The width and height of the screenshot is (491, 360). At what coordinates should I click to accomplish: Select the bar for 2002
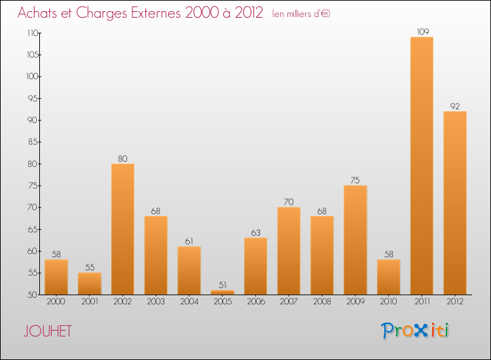(x=123, y=229)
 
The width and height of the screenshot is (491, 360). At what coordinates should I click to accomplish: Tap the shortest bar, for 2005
(x=223, y=293)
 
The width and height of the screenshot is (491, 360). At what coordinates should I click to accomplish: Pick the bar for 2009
(x=355, y=240)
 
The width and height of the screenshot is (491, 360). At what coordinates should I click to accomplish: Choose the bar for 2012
(x=455, y=203)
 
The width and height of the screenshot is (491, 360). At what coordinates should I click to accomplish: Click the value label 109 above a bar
(x=422, y=31)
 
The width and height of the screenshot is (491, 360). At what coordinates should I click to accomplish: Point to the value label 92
(x=455, y=106)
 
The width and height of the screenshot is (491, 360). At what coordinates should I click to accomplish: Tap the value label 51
(x=223, y=285)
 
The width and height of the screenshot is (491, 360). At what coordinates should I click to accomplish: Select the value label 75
(x=355, y=180)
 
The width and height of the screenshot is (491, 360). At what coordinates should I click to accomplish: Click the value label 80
(x=123, y=158)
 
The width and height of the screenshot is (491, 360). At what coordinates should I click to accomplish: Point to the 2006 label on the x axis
(x=256, y=302)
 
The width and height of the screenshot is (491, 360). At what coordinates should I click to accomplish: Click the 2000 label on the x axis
(x=56, y=302)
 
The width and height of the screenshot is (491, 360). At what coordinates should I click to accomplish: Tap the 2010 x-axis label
(x=389, y=302)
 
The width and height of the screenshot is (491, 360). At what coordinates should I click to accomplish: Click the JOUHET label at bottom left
(x=48, y=331)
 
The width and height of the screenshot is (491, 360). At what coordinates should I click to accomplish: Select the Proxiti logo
(x=416, y=331)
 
